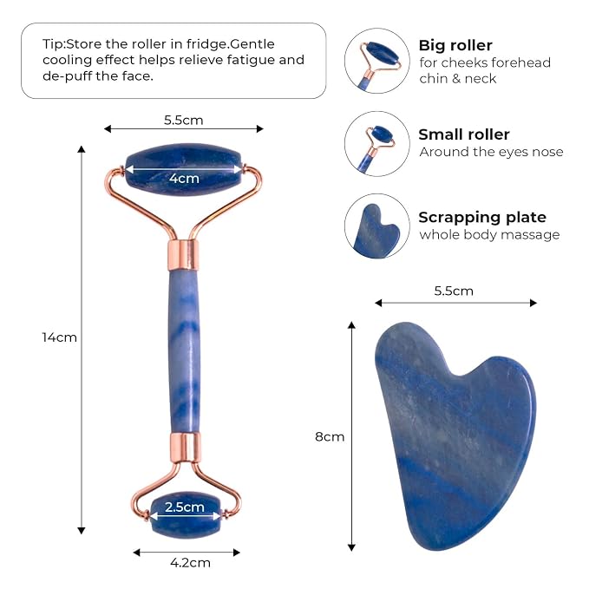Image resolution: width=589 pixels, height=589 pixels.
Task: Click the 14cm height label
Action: [59, 337]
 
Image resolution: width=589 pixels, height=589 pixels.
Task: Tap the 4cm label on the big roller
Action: [184, 178]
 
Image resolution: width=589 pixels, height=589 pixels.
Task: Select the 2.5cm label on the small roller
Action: [185, 507]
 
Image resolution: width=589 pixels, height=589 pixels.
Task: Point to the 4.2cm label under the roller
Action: [190, 563]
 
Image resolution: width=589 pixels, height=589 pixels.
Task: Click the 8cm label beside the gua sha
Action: [330, 436]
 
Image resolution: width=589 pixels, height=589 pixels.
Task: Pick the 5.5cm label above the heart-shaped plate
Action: [454, 291]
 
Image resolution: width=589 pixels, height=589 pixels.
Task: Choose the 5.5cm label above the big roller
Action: [183, 121]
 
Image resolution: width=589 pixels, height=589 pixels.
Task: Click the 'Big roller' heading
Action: [455, 45]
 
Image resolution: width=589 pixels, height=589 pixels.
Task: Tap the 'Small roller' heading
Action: [464, 134]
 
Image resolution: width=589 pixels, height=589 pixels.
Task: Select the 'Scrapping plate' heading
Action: [482, 217]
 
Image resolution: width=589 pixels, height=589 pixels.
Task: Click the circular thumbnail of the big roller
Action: [377, 61]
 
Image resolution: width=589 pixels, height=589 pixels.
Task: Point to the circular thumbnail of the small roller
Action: [377, 144]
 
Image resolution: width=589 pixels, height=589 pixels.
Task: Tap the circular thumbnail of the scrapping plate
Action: [377, 226]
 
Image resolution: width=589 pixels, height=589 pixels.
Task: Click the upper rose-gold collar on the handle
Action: [182, 255]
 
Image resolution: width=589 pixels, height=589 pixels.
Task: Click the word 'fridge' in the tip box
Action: [207, 44]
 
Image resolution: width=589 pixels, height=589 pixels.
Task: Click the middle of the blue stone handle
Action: [184, 351]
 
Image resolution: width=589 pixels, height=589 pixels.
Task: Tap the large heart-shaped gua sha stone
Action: [455, 435]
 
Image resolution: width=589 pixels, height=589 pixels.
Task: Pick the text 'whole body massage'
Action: [489, 235]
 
